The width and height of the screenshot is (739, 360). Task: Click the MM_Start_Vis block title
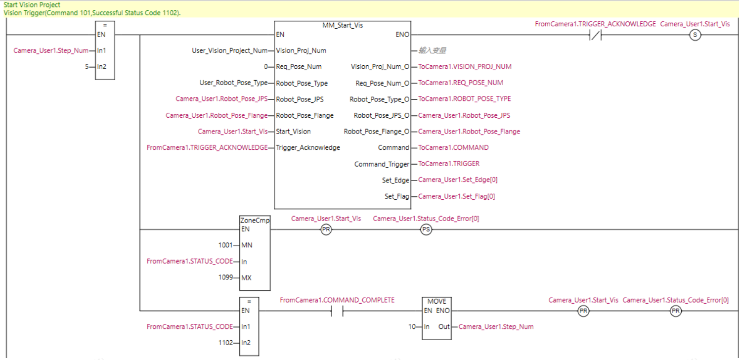[342, 25]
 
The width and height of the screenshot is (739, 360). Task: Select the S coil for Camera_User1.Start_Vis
[695, 35]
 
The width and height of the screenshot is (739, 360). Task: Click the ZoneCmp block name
[255, 221]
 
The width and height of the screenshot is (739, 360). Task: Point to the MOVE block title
[436, 301]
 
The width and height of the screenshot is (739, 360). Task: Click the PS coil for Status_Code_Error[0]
[426, 229]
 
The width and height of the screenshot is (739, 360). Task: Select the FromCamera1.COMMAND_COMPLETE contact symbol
[337, 311]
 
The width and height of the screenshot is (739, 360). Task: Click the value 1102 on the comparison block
[226, 343]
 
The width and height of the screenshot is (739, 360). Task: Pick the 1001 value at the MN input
[225, 245]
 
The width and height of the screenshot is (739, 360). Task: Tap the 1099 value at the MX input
[225, 277]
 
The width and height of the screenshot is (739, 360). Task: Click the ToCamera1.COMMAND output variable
[453, 147]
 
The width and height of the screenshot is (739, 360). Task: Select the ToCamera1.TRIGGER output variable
[448, 164]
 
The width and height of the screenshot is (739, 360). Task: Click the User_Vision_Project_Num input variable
[229, 50]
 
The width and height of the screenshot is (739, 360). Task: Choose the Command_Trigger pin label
[382, 164]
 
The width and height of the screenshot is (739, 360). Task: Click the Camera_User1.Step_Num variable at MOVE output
[496, 326]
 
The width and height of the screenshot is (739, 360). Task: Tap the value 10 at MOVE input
[411, 326]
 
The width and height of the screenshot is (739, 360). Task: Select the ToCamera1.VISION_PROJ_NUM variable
[465, 66]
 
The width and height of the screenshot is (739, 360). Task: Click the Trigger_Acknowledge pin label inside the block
[307, 147]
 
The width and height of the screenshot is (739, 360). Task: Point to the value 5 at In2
[87, 66]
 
